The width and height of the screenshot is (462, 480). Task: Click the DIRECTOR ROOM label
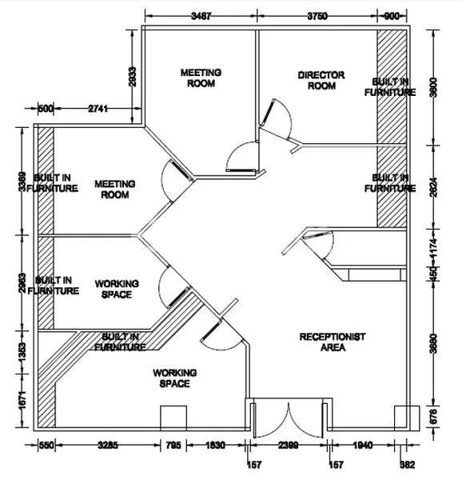(321, 80)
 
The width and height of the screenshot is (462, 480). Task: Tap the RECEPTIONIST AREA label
(333, 342)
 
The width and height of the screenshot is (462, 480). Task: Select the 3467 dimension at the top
(201, 15)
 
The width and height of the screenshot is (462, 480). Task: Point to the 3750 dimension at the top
(317, 15)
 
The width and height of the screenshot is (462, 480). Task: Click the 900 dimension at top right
(393, 15)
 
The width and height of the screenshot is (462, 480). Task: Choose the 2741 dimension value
(99, 107)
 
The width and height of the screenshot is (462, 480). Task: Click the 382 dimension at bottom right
(409, 463)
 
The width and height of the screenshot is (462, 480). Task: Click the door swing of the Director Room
(276, 118)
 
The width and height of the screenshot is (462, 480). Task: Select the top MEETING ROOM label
(201, 77)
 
